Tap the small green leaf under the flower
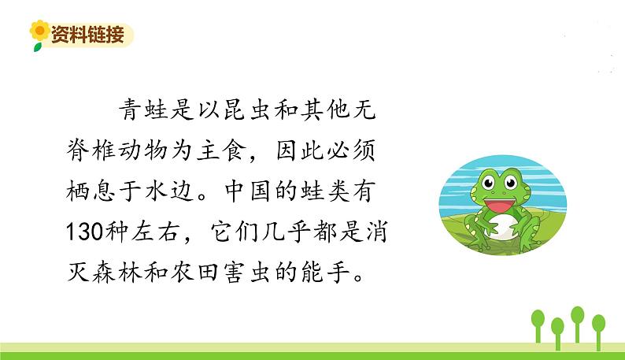pyautogui.click(x=37, y=46)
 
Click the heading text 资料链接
pyautogui.click(x=87, y=35)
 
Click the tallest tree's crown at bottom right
pyautogui.click(x=578, y=314)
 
